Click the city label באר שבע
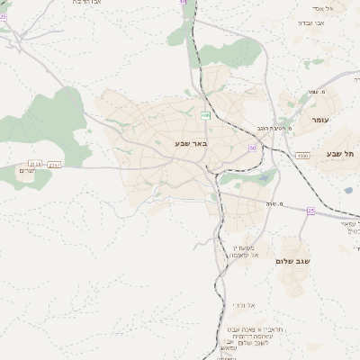pos(191,142)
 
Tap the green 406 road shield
pos(205,115)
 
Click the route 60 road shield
pos(253,148)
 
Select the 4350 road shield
pos(302,156)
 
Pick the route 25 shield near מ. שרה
pos(310,211)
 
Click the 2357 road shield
pos(55,165)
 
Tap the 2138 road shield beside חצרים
pos(34,163)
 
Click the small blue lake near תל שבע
pos(348,190)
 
